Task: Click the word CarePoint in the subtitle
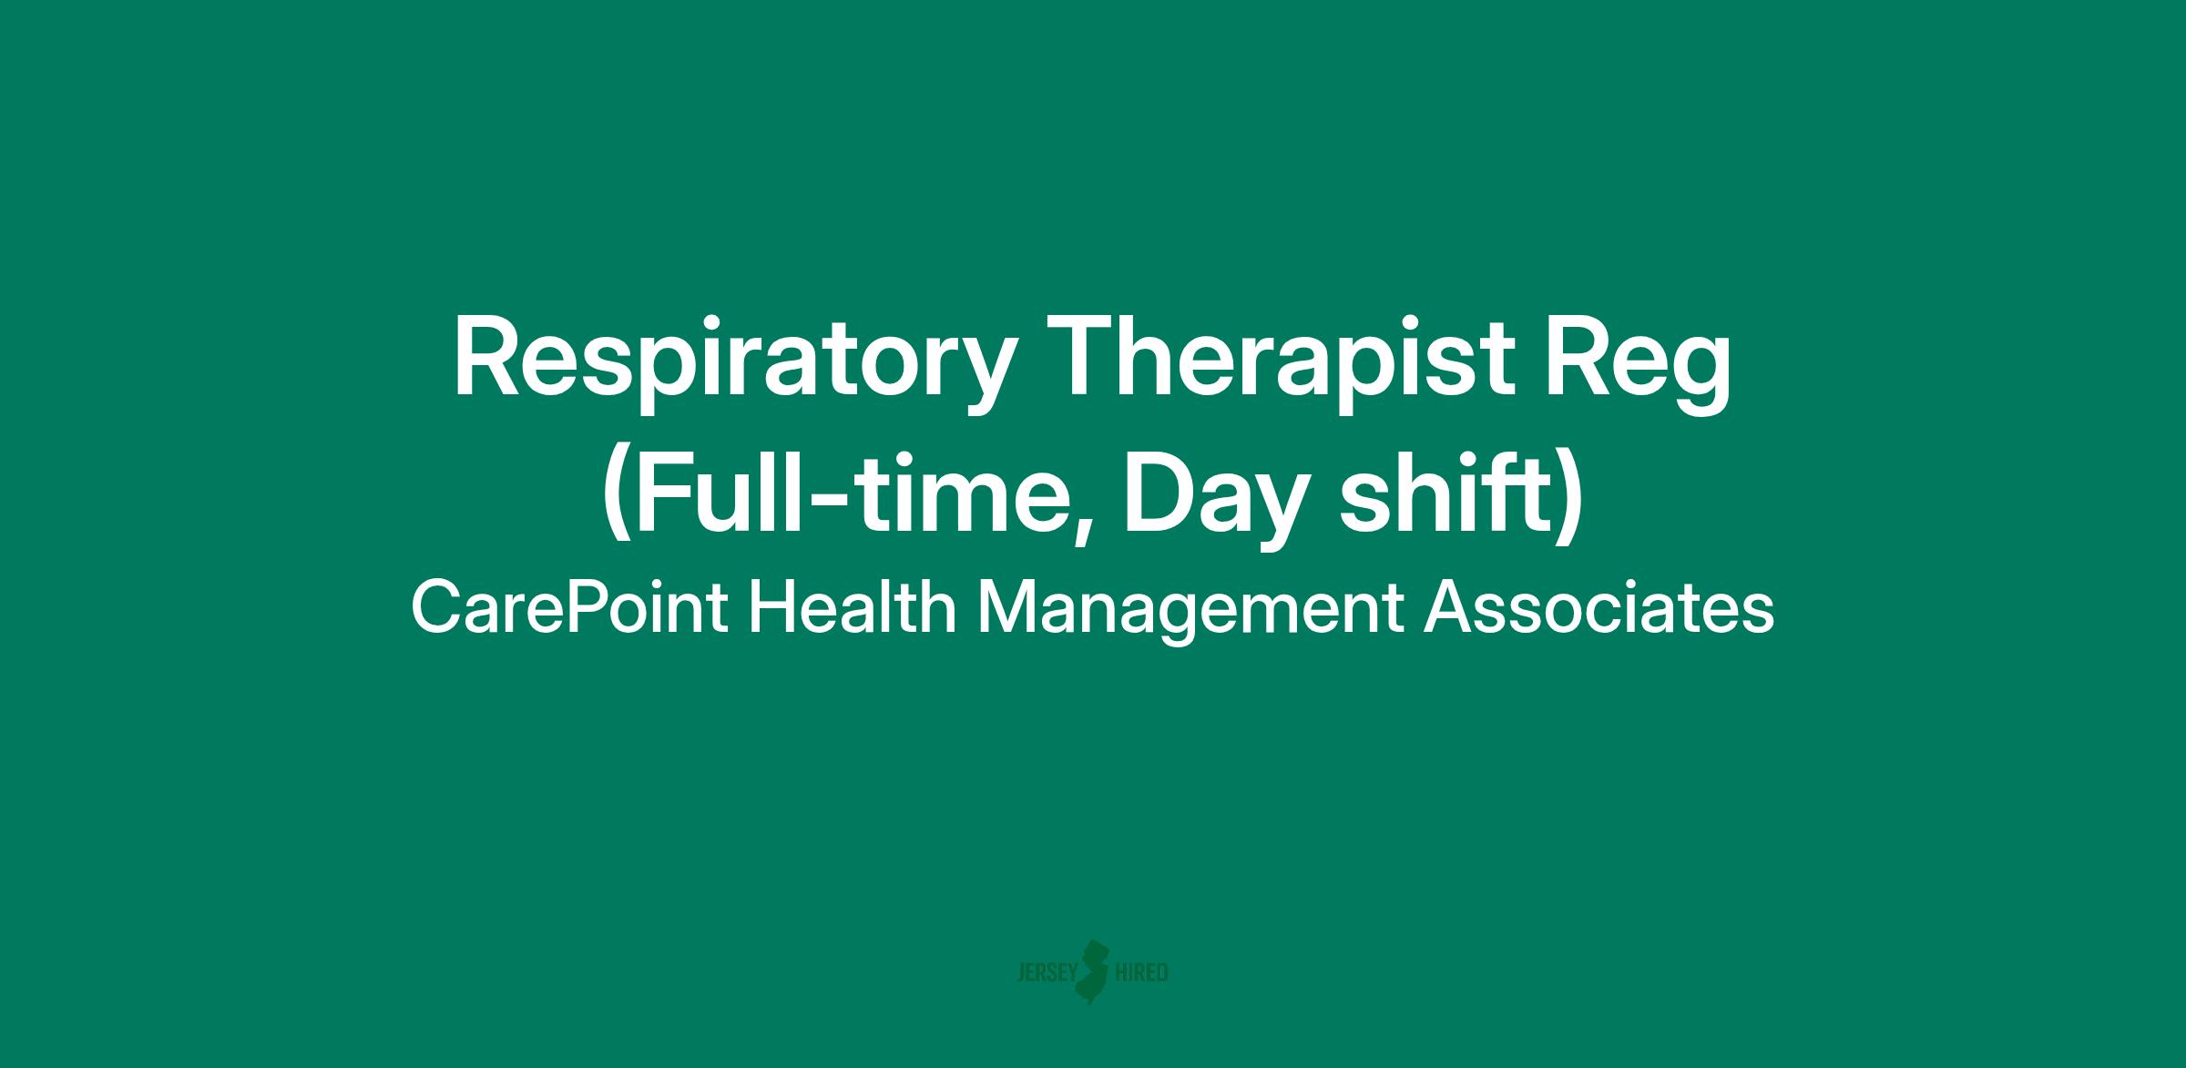(569, 608)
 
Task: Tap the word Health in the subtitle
(852, 607)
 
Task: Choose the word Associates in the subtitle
(1599, 608)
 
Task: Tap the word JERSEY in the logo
(1047, 973)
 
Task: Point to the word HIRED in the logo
(1141, 973)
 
